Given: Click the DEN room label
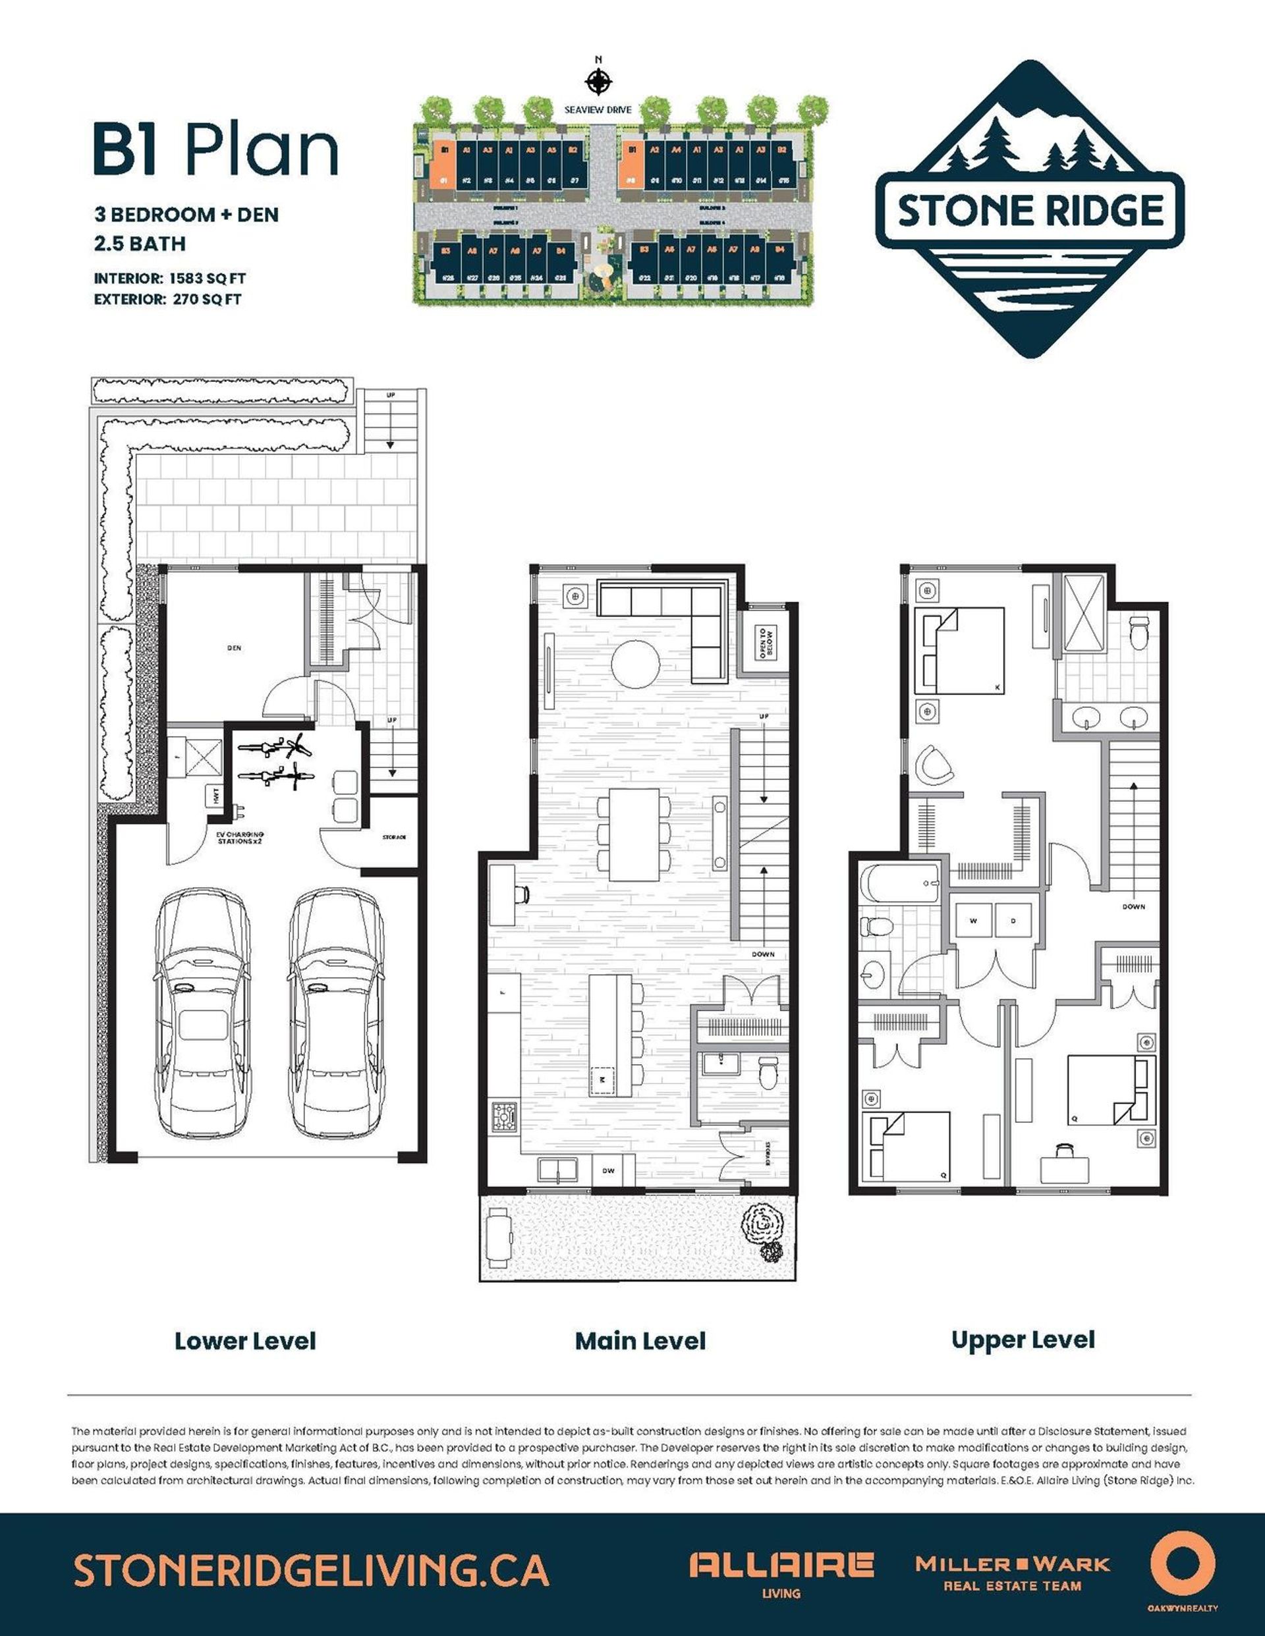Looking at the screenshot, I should tap(234, 648).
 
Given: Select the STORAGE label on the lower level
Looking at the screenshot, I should tap(393, 836).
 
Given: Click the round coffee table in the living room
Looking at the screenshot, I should tap(636, 662).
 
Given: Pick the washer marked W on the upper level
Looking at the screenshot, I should tap(974, 921).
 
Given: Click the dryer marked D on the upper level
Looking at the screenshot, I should tap(1013, 921).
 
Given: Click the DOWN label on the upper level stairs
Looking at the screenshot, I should tap(1133, 906).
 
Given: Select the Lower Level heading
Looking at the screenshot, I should tap(245, 1341).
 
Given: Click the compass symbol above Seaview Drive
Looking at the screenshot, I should tap(598, 81).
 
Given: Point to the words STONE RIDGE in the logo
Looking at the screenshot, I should tap(1030, 211).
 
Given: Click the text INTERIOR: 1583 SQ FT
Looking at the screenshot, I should tap(169, 278).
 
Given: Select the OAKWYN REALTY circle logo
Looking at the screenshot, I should tap(1182, 1562).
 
